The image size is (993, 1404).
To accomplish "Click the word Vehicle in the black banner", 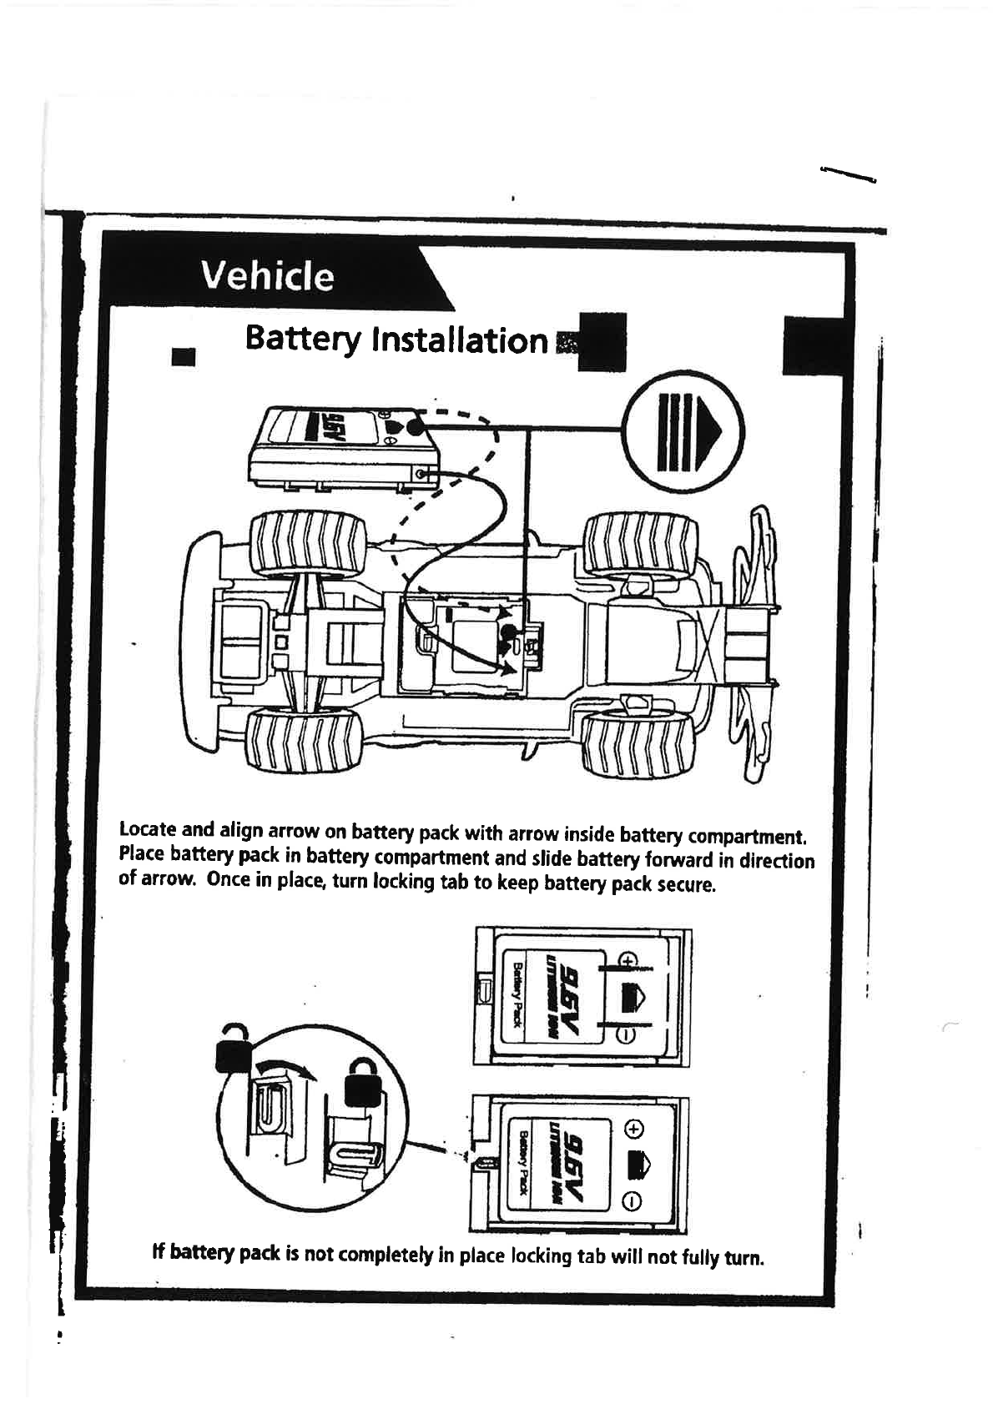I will pyautogui.click(x=267, y=275).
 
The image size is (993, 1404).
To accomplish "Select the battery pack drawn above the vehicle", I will pyautogui.click(x=344, y=448).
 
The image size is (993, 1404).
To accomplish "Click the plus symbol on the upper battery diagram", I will pyautogui.click(x=630, y=959).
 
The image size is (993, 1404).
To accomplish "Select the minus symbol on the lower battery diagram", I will pyautogui.click(x=633, y=1201).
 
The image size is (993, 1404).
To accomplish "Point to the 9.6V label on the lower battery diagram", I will pyautogui.click(x=576, y=1160).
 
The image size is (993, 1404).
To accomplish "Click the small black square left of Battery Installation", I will pyautogui.click(x=182, y=356).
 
